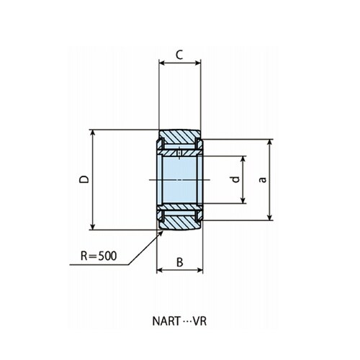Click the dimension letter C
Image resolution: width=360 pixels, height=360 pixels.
pos(179,55)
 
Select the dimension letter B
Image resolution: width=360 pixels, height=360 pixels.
pos(180,262)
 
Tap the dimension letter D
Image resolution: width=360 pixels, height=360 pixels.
pos(84,179)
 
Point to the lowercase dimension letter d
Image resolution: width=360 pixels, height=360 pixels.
pos(236,179)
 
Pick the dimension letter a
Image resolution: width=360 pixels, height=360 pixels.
pos(263,179)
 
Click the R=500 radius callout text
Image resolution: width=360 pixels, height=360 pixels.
pos(99,256)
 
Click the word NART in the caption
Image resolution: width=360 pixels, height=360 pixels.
pos(166,321)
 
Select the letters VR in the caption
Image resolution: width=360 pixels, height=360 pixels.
pos(199,321)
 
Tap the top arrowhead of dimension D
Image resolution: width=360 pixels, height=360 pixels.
pos(93,133)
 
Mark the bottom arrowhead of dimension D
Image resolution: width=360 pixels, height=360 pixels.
pos(93,227)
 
